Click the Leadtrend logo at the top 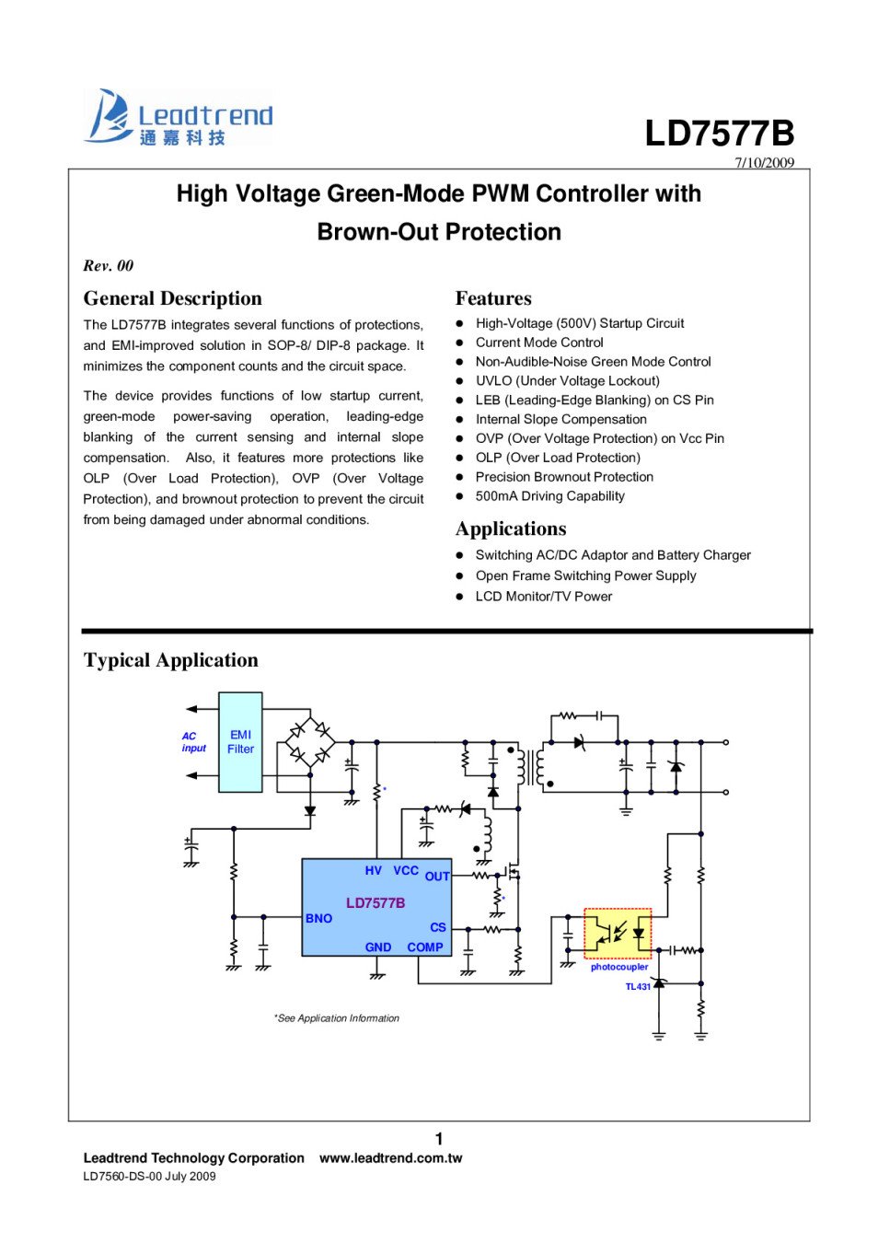[x=179, y=118]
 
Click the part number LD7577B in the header [x=719, y=134]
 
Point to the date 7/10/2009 [x=764, y=163]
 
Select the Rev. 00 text [x=109, y=266]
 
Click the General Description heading [x=172, y=298]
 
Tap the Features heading [x=493, y=298]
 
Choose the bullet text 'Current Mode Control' [x=539, y=343]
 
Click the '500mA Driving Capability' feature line [x=549, y=496]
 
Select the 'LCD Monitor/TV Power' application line [x=543, y=597]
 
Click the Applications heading [x=511, y=529]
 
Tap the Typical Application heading [x=170, y=660]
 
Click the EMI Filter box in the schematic [x=240, y=742]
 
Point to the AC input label [x=193, y=742]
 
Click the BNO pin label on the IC [x=318, y=919]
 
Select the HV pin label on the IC [x=373, y=870]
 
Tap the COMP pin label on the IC [x=425, y=947]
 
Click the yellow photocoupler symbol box [x=618, y=934]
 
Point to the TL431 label [x=638, y=987]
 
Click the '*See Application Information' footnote [x=336, y=1018]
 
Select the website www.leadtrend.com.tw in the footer [x=390, y=1158]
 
